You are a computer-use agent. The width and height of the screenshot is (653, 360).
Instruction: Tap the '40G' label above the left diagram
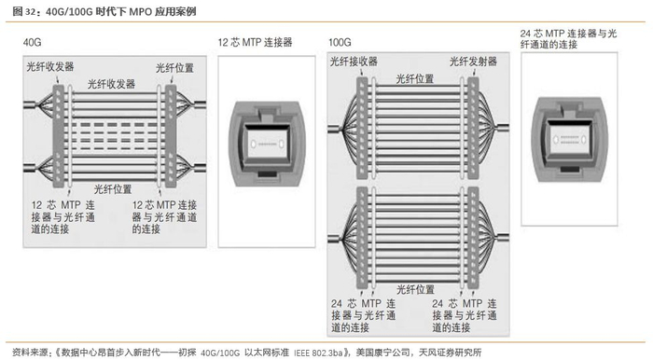pos(32,43)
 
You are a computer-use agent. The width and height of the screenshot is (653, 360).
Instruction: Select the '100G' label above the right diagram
pos(340,43)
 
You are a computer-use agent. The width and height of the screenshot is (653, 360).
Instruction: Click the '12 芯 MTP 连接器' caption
pos(255,43)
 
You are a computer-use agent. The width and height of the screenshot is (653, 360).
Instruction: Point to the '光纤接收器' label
pos(354,62)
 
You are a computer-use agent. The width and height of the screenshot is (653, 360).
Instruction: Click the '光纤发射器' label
pos(473,62)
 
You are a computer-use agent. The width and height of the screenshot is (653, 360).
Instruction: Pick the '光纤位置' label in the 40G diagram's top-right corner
pos(175,68)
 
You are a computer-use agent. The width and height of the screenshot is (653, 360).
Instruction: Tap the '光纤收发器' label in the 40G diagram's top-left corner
pos(50,66)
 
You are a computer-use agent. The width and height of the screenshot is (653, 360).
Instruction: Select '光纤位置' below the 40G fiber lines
pos(113,189)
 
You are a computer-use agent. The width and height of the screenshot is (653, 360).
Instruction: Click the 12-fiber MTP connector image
pos(267,144)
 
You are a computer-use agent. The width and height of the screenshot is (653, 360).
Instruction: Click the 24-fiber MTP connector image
pos(570,139)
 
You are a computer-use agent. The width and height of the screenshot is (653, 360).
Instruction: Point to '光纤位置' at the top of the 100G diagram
pos(415,78)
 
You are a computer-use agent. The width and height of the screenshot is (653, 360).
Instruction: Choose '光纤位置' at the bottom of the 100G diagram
pos(416,289)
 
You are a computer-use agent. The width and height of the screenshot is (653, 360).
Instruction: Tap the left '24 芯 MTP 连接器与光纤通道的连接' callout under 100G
pos(363,315)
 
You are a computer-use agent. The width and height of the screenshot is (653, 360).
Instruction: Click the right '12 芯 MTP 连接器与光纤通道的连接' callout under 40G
pos(164,216)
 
